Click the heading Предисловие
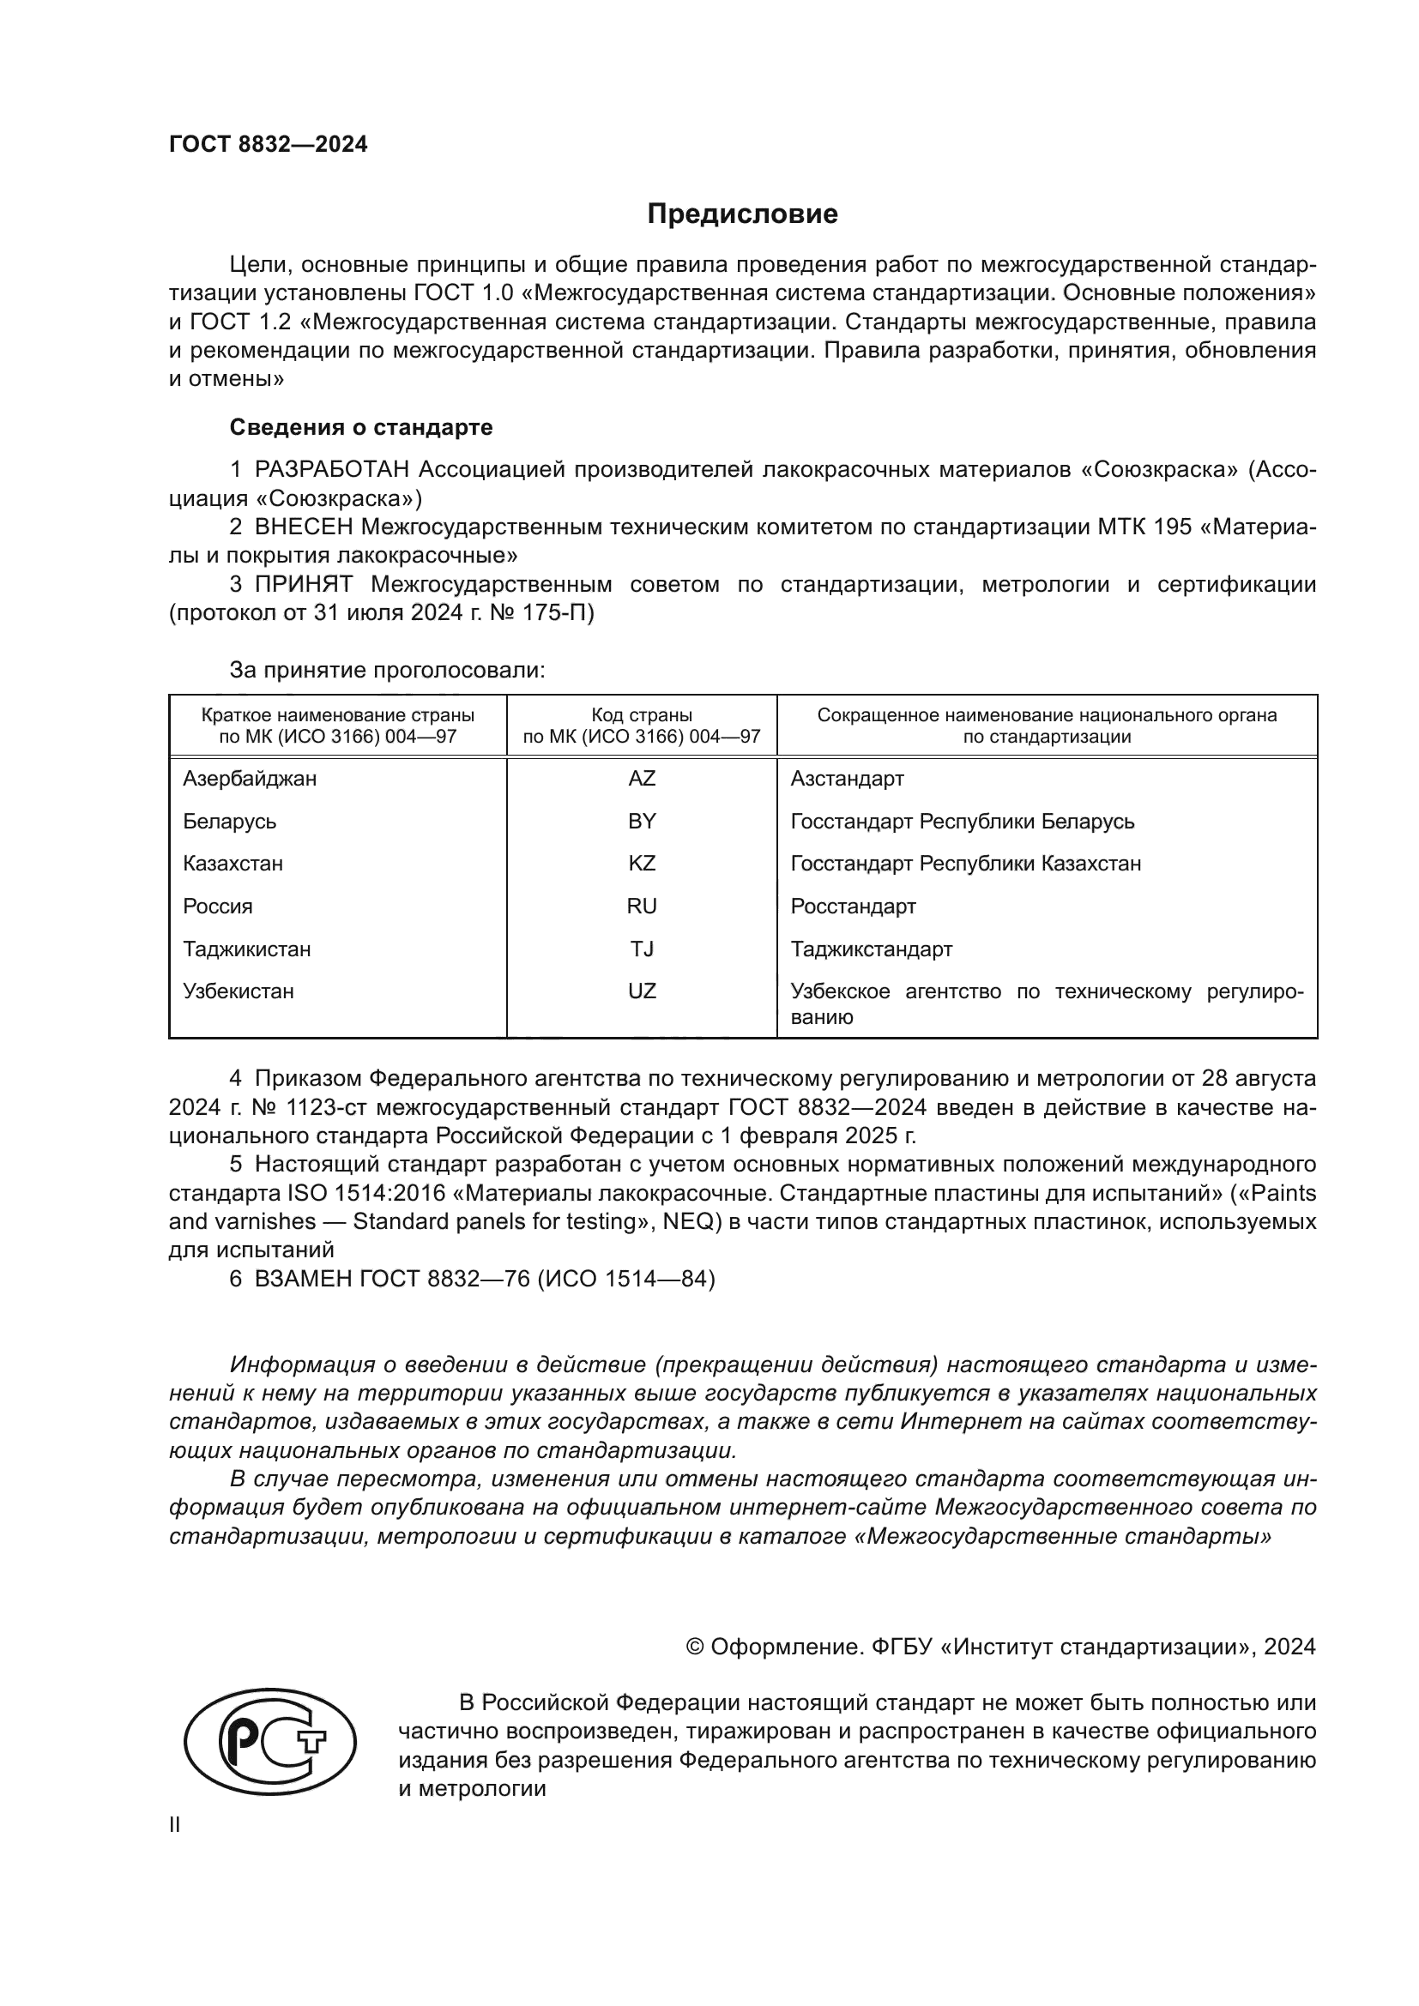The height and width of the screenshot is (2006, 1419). (x=742, y=214)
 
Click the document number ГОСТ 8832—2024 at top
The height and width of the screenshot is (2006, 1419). (x=269, y=144)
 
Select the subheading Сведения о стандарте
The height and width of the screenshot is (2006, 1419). (x=361, y=427)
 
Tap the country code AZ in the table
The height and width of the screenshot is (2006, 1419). (x=642, y=778)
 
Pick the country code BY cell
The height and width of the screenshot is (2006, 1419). (x=642, y=821)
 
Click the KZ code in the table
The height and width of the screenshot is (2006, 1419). (x=642, y=864)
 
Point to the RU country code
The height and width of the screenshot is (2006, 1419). (x=642, y=906)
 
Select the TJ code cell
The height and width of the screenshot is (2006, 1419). (x=642, y=949)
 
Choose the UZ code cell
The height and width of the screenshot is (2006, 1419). (x=642, y=991)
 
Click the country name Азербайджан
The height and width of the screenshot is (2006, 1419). (x=250, y=778)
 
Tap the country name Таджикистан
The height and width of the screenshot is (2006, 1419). (x=246, y=949)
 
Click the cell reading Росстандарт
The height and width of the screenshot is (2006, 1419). (x=853, y=906)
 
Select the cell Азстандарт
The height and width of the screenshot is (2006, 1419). (x=847, y=778)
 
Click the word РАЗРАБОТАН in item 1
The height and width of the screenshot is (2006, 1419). (x=332, y=470)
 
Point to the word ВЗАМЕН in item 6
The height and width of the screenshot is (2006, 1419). (x=302, y=1279)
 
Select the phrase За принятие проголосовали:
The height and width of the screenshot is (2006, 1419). (x=387, y=670)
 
